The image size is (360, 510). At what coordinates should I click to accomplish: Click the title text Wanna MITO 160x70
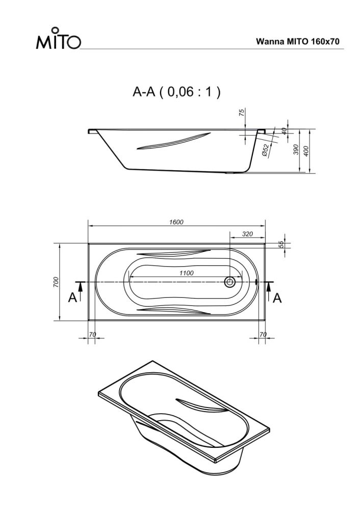298,42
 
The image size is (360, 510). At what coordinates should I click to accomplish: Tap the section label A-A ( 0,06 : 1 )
176,92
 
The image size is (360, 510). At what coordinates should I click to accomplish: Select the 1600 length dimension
176,222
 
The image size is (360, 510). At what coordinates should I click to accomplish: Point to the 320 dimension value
247,234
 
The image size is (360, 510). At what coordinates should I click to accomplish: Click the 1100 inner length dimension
186,273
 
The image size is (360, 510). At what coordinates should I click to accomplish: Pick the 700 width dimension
56,282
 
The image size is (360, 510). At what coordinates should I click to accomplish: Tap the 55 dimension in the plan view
281,244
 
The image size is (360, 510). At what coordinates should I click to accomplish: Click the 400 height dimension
306,151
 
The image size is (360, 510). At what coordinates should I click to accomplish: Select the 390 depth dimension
296,149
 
